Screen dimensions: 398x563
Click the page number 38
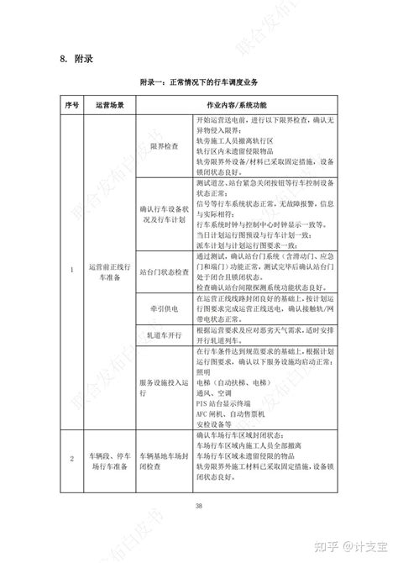[x=199, y=504]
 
